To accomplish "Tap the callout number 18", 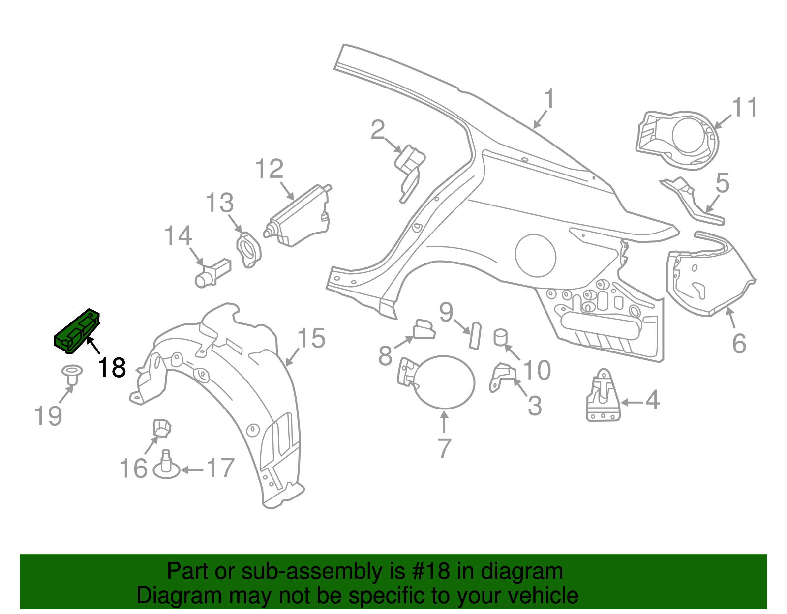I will [112, 368].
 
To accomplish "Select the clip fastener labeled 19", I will [72, 375].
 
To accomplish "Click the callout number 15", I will [311, 339].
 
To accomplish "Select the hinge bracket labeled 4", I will [603, 397].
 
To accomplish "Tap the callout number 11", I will [745, 108].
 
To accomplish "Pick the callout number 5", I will [722, 183].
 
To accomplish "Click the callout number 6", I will [739, 343].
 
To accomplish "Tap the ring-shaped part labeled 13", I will [249, 250].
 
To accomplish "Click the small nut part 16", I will [161, 427].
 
